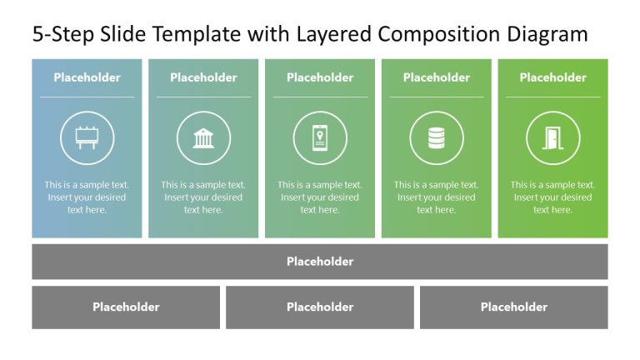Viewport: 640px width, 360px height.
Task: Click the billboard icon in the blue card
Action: click(x=87, y=137)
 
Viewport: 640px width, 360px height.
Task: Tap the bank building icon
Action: click(x=203, y=137)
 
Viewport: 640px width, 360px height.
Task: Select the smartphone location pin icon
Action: click(x=320, y=137)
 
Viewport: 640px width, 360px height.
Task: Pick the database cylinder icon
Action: click(x=437, y=137)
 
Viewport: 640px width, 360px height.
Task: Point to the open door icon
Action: click(x=553, y=137)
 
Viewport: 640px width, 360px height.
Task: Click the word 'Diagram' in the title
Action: click(x=547, y=34)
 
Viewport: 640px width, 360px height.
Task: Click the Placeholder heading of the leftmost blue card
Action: click(x=87, y=77)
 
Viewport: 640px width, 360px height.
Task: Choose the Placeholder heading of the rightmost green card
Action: click(x=553, y=77)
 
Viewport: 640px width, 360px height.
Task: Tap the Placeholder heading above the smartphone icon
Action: click(x=320, y=77)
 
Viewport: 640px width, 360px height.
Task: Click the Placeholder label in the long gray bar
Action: click(x=320, y=262)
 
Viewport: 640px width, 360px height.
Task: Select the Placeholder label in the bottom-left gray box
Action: click(x=126, y=307)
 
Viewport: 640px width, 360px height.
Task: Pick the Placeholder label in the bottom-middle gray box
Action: click(x=320, y=307)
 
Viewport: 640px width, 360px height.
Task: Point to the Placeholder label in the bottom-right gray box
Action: click(x=514, y=307)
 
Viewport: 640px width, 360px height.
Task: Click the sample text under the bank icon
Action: click(x=203, y=197)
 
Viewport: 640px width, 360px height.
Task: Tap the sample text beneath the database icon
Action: click(x=437, y=197)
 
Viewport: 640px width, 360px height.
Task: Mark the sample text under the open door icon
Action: click(x=553, y=197)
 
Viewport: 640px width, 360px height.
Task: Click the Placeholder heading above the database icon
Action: click(x=437, y=77)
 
